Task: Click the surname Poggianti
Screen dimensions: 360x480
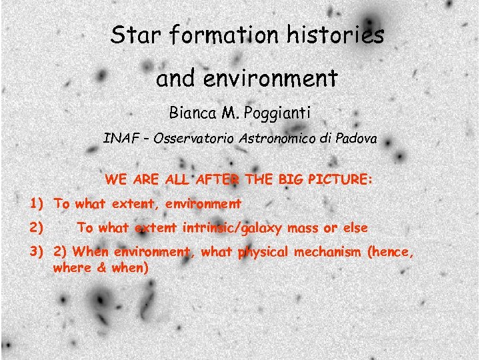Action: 277,113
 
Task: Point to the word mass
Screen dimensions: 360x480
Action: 301,228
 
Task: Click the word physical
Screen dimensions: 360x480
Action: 267,252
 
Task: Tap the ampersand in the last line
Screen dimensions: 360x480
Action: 103,267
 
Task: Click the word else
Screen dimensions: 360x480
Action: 354,228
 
